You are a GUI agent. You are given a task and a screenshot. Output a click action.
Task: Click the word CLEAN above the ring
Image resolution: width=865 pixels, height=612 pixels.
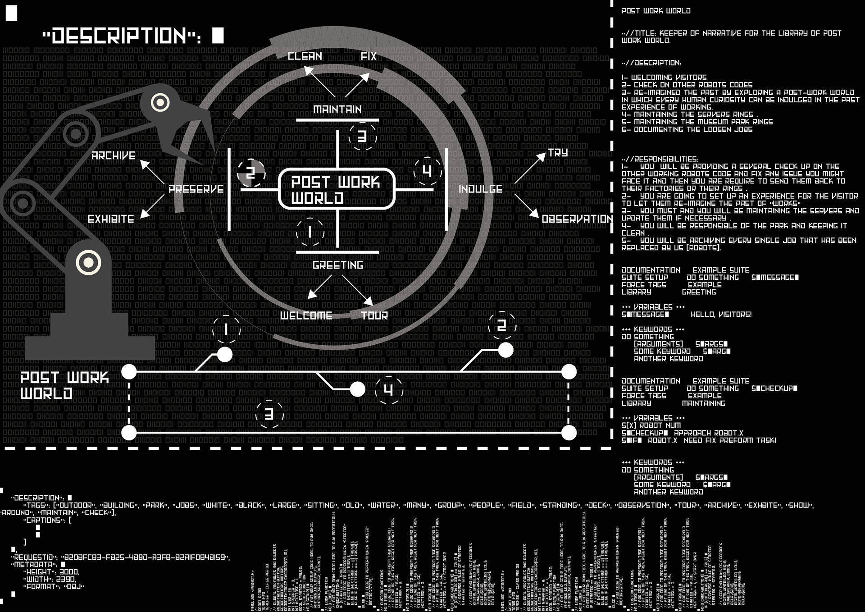click(305, 56)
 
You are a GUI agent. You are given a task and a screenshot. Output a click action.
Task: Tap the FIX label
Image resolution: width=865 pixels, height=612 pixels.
click(369, 56)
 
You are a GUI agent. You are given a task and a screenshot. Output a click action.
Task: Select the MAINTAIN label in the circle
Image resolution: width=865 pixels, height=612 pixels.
click(337, 110)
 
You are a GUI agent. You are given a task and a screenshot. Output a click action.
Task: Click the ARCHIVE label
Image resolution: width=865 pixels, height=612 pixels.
click(114, 156)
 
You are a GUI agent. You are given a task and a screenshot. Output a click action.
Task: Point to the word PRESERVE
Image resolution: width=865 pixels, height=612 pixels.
click(196, 189)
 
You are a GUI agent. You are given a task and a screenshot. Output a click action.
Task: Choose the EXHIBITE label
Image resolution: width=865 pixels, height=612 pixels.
click(111, 219)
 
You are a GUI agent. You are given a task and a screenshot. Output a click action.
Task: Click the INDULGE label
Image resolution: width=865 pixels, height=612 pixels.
click(480, 189)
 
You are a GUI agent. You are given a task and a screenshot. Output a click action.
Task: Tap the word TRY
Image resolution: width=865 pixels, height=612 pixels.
click(558, 153)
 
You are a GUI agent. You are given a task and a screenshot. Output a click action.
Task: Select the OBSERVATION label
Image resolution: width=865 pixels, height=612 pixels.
click(577, 219)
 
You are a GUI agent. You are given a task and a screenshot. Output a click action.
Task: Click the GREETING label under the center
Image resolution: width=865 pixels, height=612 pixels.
click(338, 265)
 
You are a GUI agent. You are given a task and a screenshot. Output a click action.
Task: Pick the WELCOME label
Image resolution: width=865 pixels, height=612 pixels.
click(306, 315)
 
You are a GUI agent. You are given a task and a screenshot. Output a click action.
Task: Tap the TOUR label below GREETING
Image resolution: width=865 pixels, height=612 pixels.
click(374, 315)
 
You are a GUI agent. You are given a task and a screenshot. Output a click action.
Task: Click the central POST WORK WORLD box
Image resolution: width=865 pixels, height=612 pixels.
click(337, 189)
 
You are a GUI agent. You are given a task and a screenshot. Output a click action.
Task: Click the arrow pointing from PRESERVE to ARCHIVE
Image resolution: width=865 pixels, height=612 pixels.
click(152, 171)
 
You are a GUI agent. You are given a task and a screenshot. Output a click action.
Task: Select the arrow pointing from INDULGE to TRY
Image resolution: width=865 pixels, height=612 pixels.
click(530, 168)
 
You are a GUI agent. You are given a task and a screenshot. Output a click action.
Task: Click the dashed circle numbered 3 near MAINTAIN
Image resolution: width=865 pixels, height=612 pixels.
click(362, 137)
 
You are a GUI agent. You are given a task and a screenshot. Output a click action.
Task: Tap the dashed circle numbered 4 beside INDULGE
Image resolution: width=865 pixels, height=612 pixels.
click(427, 171)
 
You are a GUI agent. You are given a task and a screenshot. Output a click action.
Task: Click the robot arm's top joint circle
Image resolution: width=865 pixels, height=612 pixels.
click(160, 103)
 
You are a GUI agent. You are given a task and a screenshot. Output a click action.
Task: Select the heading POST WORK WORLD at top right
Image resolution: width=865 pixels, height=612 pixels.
click(656, 11)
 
